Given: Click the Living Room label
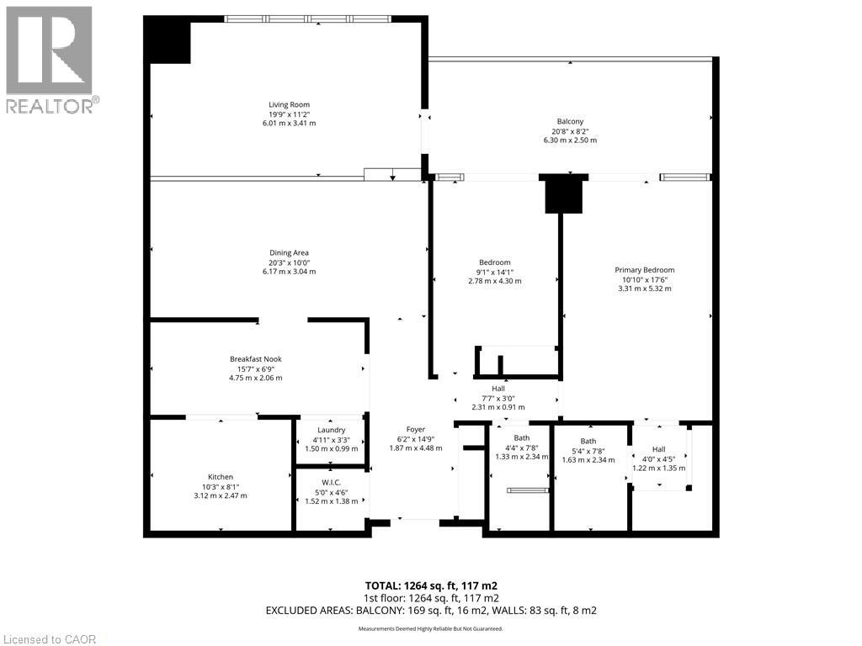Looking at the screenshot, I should click(x=289, y=105).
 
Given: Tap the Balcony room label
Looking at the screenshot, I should click(x=570, y=121).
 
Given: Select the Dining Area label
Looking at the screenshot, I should click(x=289, y=253).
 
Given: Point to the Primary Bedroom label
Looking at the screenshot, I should click(x=644, y=270).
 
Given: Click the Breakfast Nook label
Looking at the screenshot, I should click(x=255, y=359).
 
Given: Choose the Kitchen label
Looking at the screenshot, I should click(x=221, y=477).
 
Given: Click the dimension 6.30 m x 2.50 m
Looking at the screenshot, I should click(x=570, y=140).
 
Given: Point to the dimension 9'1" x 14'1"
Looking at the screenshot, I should click(x=494, y=272).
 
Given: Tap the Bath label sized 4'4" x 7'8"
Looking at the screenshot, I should click(x=522, y=437).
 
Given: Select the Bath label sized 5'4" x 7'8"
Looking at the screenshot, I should click(x=588, y=442).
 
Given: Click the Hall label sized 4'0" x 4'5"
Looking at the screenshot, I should click(x=658, y=449).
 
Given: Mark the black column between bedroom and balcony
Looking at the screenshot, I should click(x=563, y=194).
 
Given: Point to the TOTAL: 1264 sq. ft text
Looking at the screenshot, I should click(x=436, y=585).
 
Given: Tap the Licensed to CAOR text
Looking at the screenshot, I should click(x=49, y=639).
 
